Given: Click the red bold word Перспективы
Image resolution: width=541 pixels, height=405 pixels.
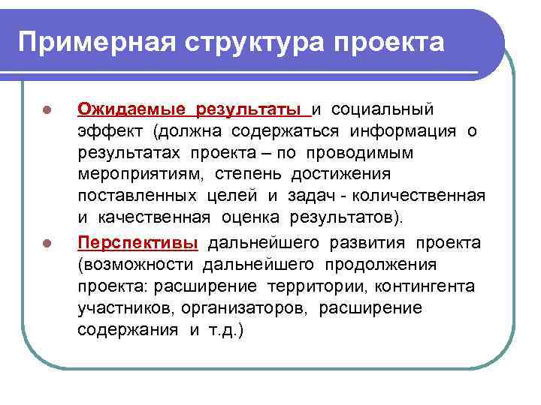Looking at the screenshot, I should click(x=138, y=244).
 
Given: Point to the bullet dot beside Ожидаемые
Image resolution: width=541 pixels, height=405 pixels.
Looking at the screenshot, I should click(x=47, y=110).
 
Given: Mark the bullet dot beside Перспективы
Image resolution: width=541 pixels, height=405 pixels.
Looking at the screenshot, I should click(x=47, y=244).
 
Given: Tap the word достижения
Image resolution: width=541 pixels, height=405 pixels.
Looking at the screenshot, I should click(x=346, y=175).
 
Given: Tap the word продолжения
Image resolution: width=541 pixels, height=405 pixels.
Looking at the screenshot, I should click(x=383, y=265).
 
